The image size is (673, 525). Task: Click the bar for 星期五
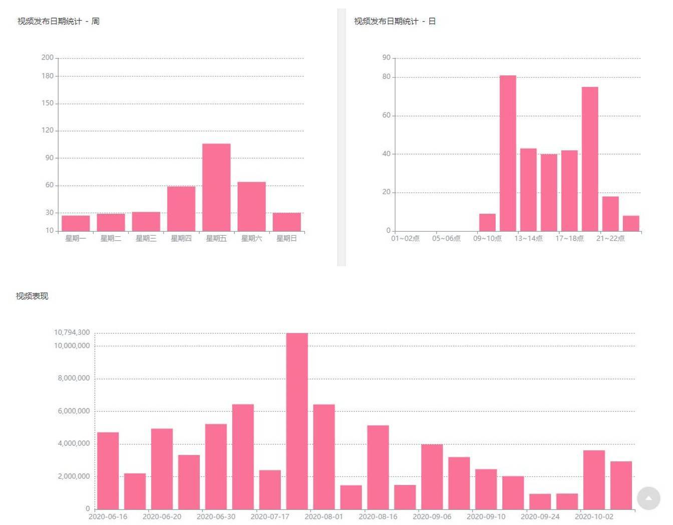216,187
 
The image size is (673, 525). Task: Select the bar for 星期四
181,208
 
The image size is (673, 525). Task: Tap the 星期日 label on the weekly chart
286,239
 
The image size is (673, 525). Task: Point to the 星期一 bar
76,223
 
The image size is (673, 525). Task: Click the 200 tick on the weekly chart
48,58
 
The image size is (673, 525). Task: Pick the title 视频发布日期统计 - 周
59,22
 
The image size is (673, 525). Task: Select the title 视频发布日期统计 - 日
395,22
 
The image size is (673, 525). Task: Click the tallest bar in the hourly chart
508,153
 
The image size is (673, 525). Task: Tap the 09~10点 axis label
487,239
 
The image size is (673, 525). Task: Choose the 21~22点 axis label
610,239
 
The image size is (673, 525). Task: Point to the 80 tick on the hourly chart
386,77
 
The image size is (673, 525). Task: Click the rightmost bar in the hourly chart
631,223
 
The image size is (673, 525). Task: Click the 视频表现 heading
32,296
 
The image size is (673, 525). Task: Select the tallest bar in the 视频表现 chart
297,421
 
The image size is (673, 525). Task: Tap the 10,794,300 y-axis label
72,332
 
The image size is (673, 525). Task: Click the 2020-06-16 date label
108,516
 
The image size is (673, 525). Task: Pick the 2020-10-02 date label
594,516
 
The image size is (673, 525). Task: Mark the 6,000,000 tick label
74,411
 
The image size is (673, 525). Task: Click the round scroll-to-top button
648,498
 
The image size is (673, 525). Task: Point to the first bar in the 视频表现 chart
108,470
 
